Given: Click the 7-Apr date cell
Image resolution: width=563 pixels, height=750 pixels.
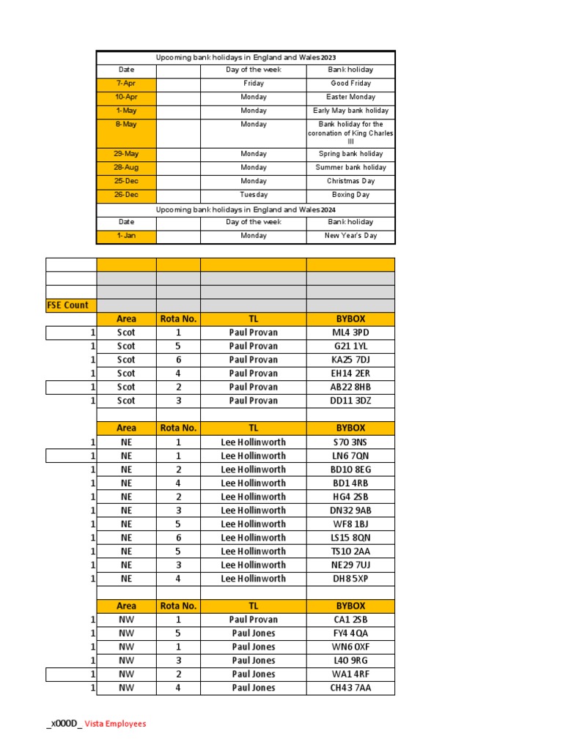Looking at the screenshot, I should click(x=126, y=83).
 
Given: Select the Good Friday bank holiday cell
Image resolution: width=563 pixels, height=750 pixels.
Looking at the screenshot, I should click(x=350, y=83).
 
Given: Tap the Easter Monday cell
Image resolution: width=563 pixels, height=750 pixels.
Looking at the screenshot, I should click(x=350, y=97).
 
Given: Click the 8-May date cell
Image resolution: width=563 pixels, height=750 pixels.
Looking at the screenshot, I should click(x=126, y=125).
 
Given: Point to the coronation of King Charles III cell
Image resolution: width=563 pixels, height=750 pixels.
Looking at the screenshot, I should click(x=350, y=133).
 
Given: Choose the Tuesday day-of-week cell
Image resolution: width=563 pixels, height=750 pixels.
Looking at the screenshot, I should click(x=253, y=195).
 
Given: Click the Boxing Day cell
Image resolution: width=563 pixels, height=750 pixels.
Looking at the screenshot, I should click(x=350, y=195).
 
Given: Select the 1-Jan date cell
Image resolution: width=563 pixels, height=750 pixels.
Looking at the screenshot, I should click(x=126, y=236).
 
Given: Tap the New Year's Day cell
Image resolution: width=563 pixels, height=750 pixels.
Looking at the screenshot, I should click(x=350, y=236).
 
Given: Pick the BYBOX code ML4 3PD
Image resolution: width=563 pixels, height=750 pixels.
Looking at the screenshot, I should click(x=350, y=333).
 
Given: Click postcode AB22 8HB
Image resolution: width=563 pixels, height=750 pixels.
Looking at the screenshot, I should click(x=350, y=387).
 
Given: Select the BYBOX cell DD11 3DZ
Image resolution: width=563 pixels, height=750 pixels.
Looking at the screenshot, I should click(x=350, y=401).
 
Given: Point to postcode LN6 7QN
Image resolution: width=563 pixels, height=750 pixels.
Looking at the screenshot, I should click(x=350, y=456).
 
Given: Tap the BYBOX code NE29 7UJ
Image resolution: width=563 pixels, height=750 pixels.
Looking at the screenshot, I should click(x=350, y=565).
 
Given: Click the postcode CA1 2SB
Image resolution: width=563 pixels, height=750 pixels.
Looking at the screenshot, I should click(x=350, y=620).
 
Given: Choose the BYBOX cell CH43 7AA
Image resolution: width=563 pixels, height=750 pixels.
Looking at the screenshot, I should click(x=350, y=688).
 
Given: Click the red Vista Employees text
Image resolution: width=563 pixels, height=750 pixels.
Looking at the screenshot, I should click(x=115, y=724).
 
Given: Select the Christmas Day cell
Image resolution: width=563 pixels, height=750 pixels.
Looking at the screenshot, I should click(x=350, y=181).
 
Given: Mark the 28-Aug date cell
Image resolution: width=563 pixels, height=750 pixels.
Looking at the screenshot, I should click(x=126, y=168).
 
